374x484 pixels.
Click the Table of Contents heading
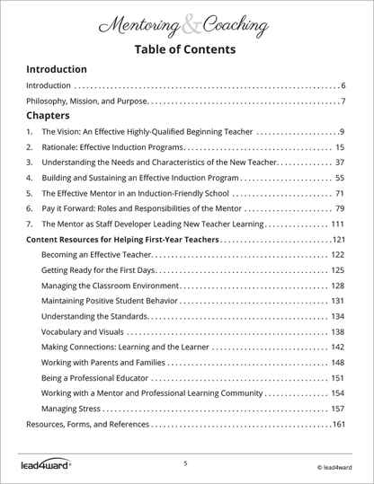click(x=186, y=48)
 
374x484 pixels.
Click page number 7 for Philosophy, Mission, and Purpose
click(x=343, y=101)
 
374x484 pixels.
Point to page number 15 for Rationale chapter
click(x=340, y=147)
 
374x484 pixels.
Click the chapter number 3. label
click(x=30, y=163)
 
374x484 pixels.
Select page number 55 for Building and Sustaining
click(x=340, y=178)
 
